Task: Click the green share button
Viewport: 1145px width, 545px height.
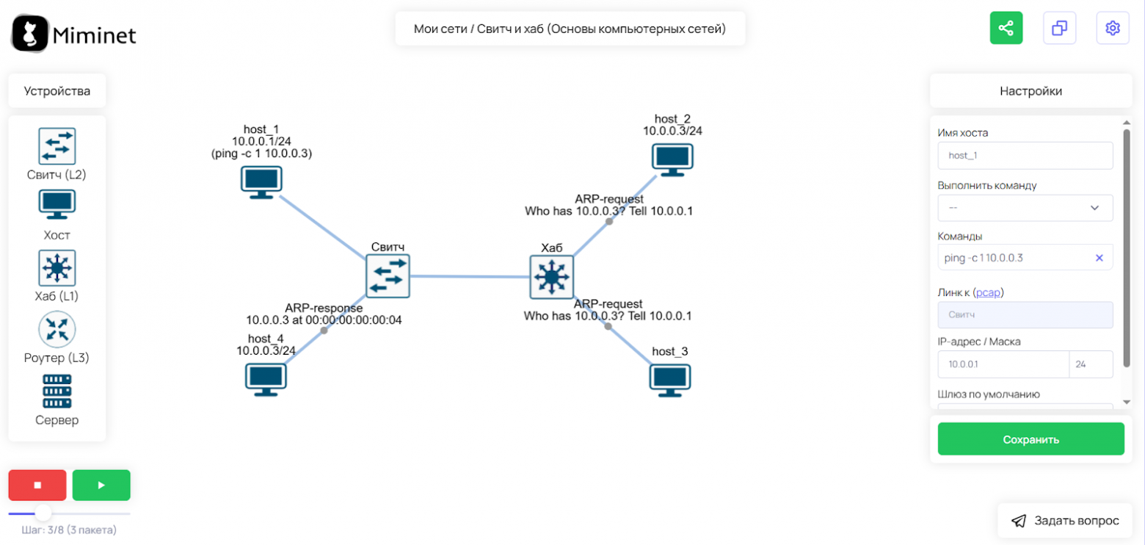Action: pos(1006,28)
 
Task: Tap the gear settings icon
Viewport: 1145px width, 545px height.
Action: pos(1112,28)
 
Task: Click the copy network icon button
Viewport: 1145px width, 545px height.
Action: pos(1059,28)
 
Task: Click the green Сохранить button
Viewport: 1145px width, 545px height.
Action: pos(1030,439)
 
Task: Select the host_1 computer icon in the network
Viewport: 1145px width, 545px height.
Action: pos(261,182)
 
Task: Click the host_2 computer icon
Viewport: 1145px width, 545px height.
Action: pos(672,159)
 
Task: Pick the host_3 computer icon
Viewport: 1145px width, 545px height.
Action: pos(669,380)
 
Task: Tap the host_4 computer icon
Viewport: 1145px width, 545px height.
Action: pos(265,380)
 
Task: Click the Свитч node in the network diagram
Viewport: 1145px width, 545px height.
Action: pos(388,276)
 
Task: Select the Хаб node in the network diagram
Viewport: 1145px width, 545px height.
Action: pos(551,278)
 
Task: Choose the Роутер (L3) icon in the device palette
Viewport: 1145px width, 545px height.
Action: pos(57,329)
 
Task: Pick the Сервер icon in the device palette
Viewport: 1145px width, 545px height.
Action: pos(57,391)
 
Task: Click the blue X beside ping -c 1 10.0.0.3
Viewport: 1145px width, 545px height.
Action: pos(1099,258)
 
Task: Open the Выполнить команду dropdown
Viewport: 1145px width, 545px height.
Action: pos(1025,208)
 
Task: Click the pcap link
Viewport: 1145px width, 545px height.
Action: pos(988,293)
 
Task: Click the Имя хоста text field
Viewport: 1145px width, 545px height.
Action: pos(1025,156)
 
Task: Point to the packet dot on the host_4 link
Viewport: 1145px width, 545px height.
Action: pos(324,331)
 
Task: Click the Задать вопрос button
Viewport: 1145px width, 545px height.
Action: pos(1065,521)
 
